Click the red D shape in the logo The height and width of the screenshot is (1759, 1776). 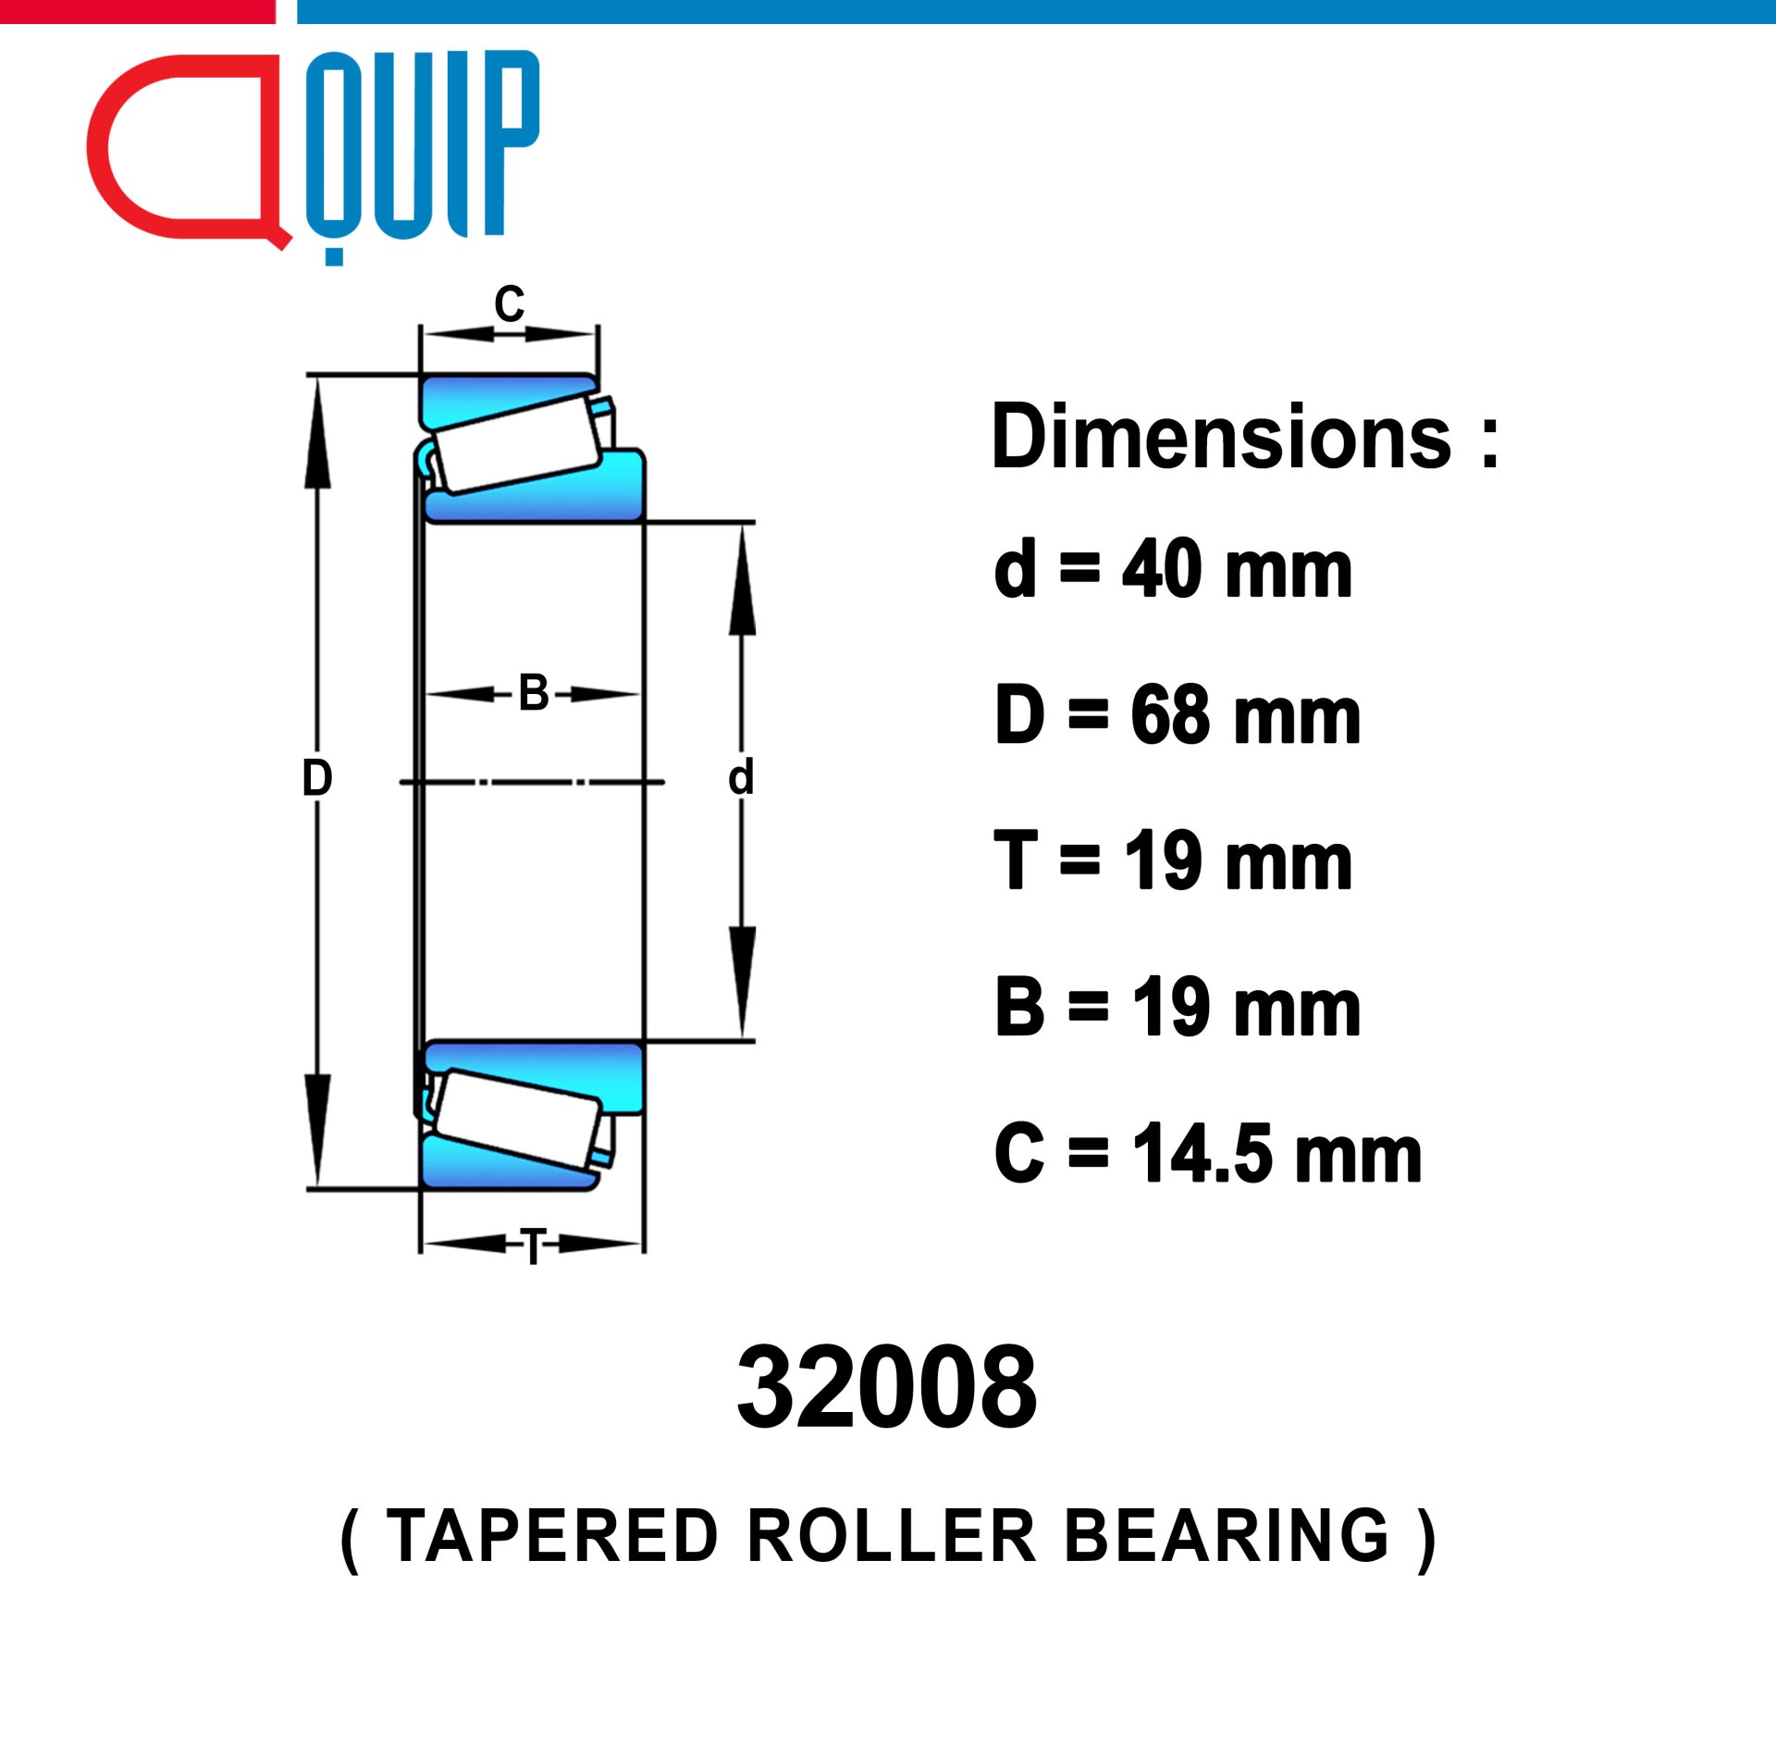(x=102, y=148)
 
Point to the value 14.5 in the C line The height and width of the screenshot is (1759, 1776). (x=1202, y=1154)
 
